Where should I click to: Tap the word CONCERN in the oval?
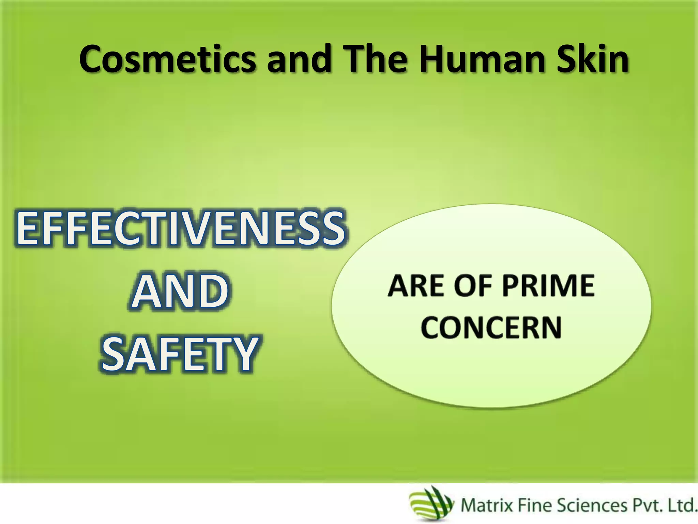click(491, 327)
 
